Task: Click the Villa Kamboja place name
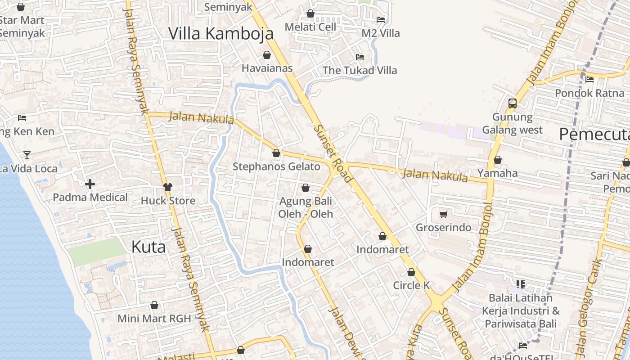(x=221, y=33)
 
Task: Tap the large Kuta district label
(x=148, y=247)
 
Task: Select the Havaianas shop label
(x=267, y=68)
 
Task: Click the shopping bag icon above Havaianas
(x=267, y=55)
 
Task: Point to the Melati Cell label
(x=310, y=27)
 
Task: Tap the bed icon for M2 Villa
(x=381, y=19)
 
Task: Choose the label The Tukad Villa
(x=360, y=70)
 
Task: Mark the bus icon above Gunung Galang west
(x=512, y=103)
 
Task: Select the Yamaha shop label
(x=497, y=173)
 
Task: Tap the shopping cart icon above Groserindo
(x=444, y=214)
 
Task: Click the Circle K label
(x=411, y=285)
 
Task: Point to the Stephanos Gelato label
(x=276, y=166)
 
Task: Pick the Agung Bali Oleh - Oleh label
(x=306, y=207)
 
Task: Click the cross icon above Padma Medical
(x=90, y=184)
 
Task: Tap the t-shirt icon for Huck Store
(x=168, y=187)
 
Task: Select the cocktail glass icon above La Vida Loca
(x=27, y=155)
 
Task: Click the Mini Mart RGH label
(x=154, y=319)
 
